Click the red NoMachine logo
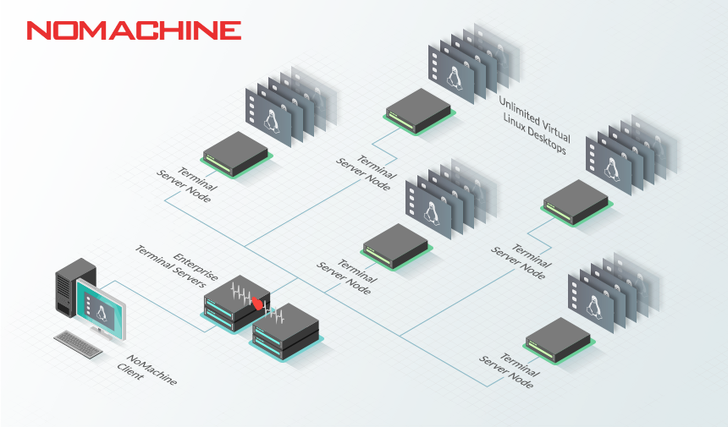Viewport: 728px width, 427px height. pos(134,31)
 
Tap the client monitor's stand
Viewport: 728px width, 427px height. pos(99,332)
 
